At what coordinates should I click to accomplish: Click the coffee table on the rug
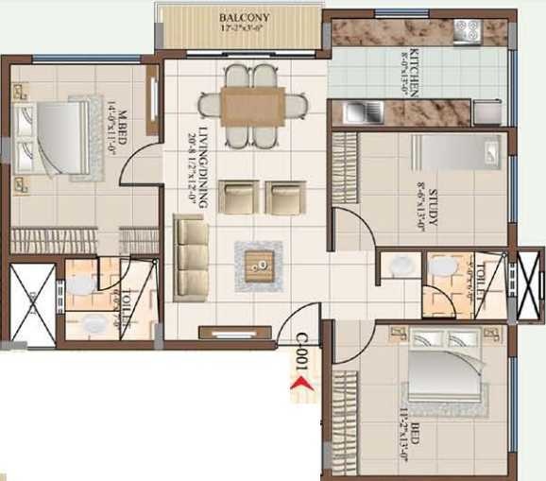[258, 265]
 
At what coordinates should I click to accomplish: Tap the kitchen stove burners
[467, 31]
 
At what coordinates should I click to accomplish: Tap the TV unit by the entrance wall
[228, 331]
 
